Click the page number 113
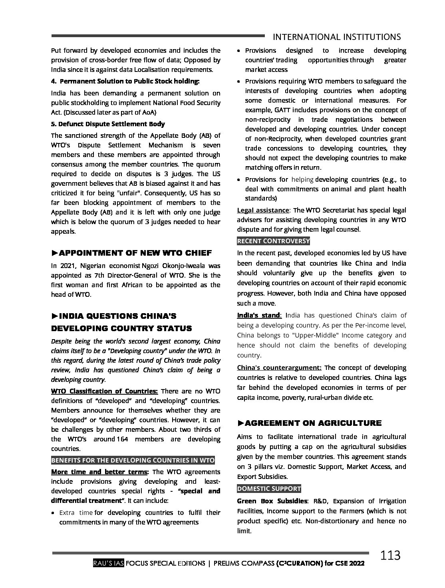(390, 555)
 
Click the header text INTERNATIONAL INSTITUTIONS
(336, 37)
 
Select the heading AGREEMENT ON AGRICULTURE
(309, 423)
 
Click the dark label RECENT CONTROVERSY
(273, 241)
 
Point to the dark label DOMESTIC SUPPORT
(269, 489)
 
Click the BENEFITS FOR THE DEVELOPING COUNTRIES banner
(133, 460)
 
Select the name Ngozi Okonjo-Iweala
(177, 266)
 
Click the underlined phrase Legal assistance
(263, 210)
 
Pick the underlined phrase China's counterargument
(279, 367)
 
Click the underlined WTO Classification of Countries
(104, 391)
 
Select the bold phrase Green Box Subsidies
(272, 501)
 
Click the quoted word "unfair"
(124, 193)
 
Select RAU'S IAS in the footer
(108, 564)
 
